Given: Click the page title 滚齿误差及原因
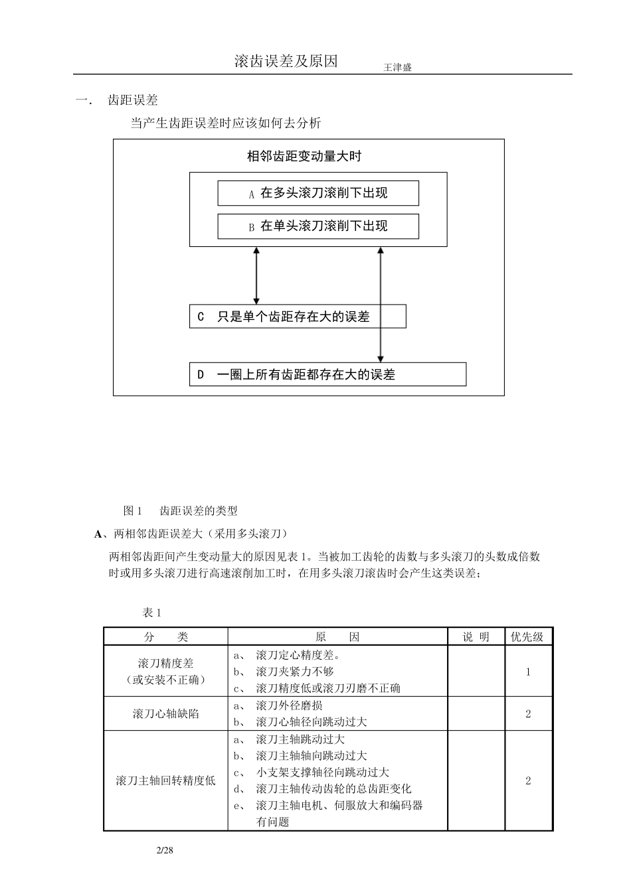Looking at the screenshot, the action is pos(286,61).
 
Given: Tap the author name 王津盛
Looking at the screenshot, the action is pos(397,68).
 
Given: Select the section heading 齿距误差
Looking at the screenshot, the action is pos(133,100).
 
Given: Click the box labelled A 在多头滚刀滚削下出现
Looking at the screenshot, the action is pos(318,193).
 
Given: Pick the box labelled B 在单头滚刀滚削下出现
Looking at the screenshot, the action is pos(318,226).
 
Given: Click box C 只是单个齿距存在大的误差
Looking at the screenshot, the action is pos(298,317).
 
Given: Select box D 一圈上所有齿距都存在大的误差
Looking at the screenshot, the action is pos(327,374).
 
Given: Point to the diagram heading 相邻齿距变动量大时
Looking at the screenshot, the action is pos(304,157).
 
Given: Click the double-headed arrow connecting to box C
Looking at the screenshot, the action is pos(256,275).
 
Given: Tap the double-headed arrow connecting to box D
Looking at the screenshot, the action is pos(380,304).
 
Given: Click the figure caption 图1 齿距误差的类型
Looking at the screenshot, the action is pos(180,510).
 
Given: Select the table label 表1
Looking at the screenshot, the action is pos(152,612).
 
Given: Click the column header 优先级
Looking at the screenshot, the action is pos(527,636).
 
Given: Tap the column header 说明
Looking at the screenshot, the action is pos(476,636).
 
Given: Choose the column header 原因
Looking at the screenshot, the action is pos(337,636).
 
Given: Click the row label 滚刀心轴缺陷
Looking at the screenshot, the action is pos(165,713).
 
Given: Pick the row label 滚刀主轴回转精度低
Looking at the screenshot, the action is pos(165,780).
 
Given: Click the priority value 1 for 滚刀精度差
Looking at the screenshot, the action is pos(528,672).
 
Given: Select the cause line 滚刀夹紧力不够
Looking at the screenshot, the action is pos(294,672).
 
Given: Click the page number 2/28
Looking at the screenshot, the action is pos(164,850).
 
